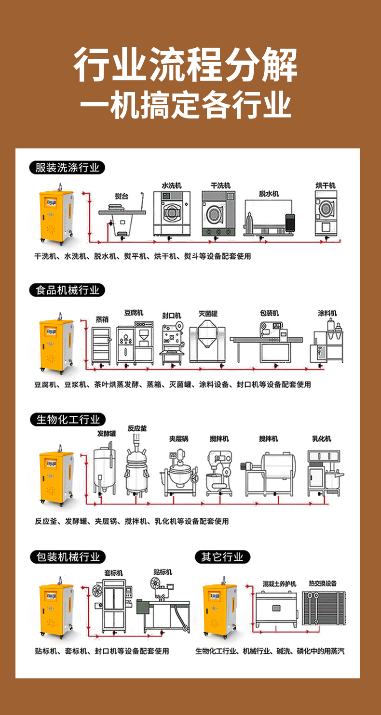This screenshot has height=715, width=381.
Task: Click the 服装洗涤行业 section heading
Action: click(67, 168)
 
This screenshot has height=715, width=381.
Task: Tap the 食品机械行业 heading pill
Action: click(67, 290)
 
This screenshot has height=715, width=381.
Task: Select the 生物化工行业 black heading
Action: click(68, 419)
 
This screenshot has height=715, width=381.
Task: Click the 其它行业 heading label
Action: click(223, 557)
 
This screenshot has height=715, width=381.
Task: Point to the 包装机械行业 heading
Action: click(68, 557)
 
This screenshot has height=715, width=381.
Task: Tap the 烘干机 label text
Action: click(325, 185)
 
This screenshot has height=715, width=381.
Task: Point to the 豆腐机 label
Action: click(134, 313)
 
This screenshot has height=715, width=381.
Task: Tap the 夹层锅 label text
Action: click(178, 438)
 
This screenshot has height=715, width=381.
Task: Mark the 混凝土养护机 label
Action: click(279, 583)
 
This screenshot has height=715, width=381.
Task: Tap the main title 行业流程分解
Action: click(186, 66)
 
